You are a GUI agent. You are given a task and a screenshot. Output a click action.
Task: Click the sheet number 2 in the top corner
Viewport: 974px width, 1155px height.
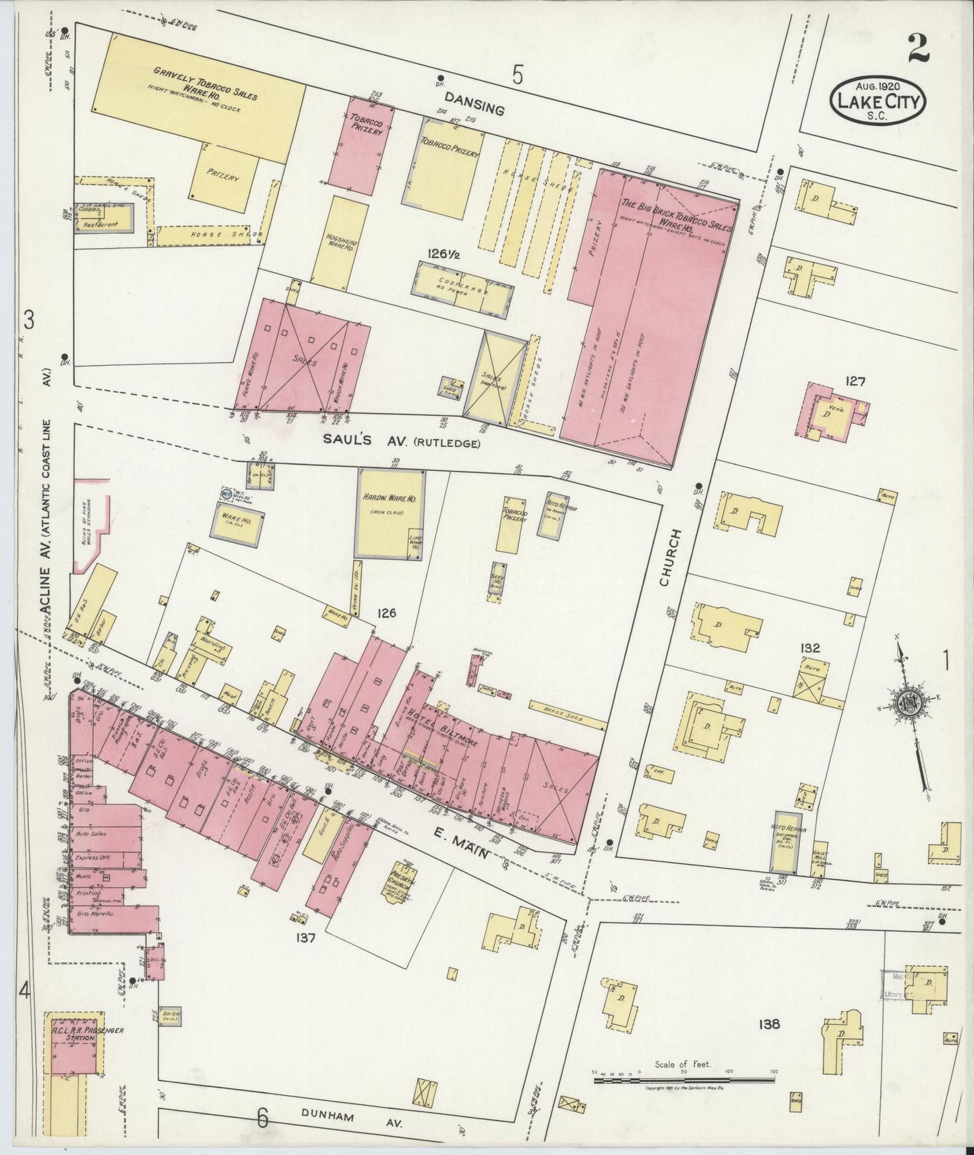(x=919, y=49)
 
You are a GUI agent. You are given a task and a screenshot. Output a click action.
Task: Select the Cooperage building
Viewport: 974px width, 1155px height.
(x=460, y=289)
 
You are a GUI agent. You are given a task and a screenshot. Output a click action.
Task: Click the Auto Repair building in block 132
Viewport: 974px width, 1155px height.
(x=785, y=842)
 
